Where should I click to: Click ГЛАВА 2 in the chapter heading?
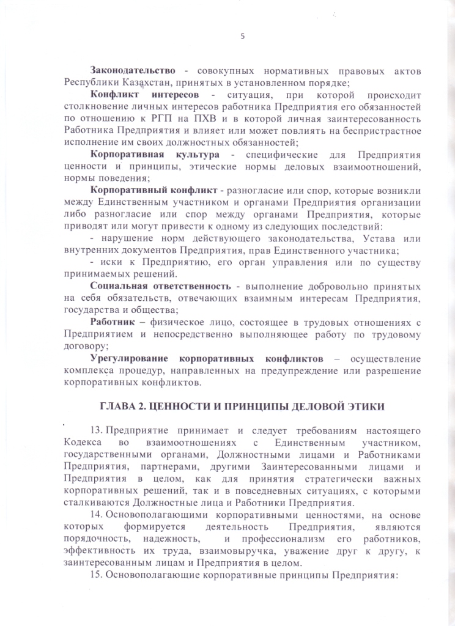click(x=124, y=408)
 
